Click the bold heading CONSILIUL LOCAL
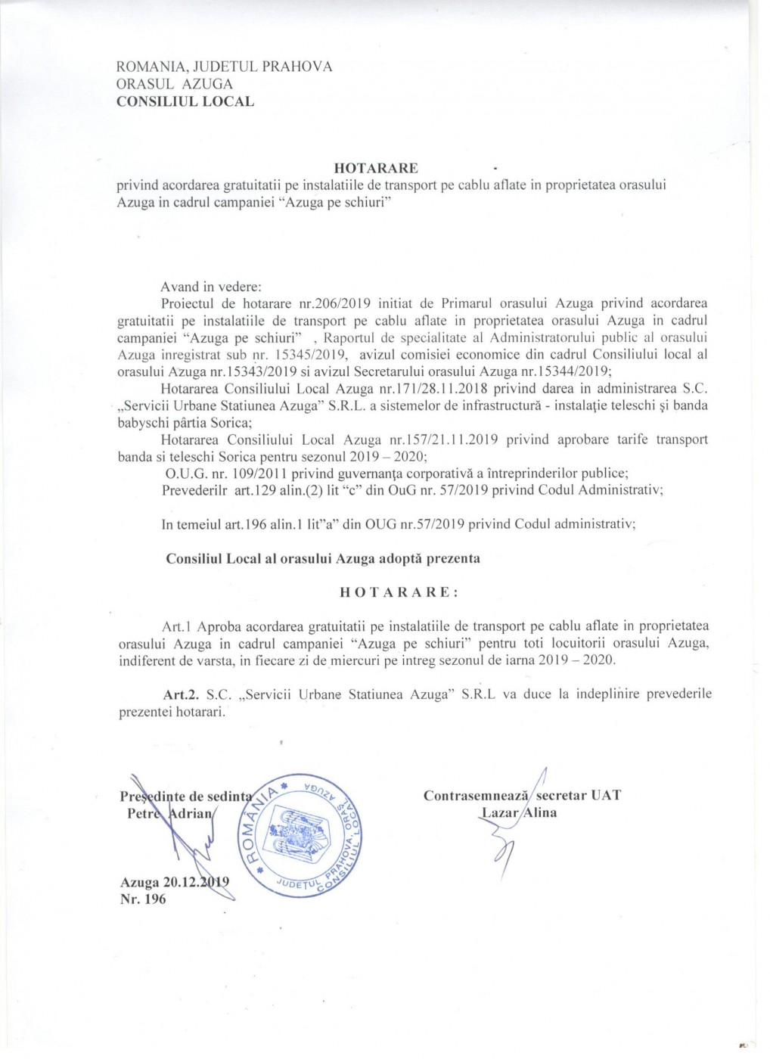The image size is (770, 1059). pyautogui.click(x=185, y=101)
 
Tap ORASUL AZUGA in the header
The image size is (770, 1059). pyautogui.click(x=175, y=84)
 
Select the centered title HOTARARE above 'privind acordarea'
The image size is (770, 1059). pyautogui.click(x=376, y=168)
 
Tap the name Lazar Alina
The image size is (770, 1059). pyautogui.click(x=519, y=812)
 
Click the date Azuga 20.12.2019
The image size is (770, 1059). pyautogui.click(x=175, y=883)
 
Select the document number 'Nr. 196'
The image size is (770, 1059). pyautogui.click(x=143, y=899)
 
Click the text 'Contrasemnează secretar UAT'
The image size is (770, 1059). pyautogui.click(x=522, y=796)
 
